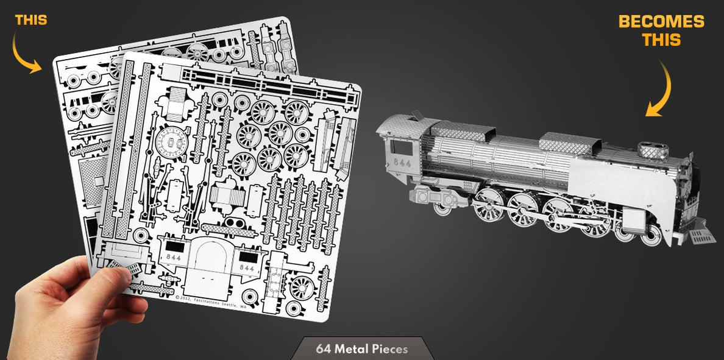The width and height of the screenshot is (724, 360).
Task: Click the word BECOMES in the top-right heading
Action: [x=661, y=22]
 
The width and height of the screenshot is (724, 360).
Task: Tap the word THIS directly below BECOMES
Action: [x=661, y=40]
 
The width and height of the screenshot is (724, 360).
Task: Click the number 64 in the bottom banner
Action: [x=324, y=349]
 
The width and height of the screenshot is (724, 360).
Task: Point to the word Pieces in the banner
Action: [x=388, y=349]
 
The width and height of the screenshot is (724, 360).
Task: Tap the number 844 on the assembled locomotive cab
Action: [x=402, y=163]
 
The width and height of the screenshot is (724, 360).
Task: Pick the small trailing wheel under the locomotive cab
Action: [x=442, y=207]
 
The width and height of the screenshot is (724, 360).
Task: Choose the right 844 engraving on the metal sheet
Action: [x=247, y=268]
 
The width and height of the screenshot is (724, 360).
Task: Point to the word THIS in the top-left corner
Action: [x=31, y=21]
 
